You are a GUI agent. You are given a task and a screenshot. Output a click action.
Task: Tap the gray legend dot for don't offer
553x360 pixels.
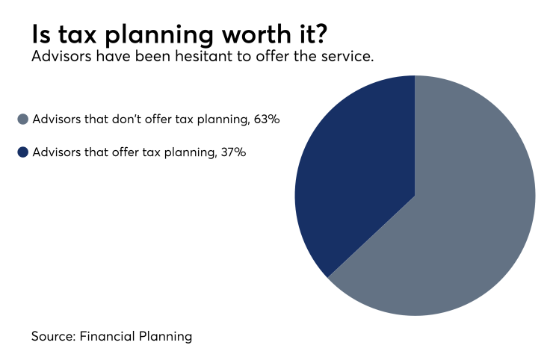pos(22,119)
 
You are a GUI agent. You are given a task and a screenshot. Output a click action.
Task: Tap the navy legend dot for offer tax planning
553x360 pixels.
pos(22,152)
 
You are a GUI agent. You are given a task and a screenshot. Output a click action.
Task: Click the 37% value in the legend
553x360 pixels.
pos(232,152)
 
